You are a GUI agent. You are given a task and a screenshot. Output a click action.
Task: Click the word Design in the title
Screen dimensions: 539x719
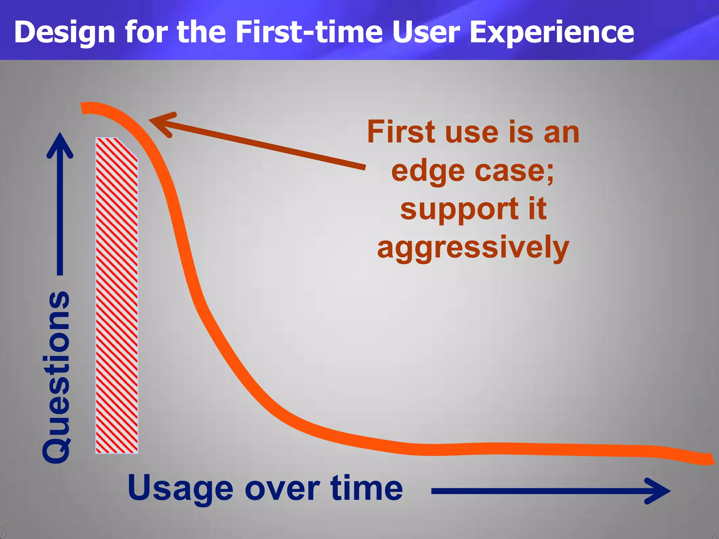[65, 32]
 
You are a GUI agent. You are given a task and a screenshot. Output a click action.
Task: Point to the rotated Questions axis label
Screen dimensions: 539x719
[56, 377]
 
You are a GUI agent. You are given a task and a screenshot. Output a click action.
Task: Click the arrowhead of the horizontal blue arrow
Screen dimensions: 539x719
[658, 491]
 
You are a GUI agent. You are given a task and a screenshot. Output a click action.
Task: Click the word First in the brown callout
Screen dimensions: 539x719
[401, 132]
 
